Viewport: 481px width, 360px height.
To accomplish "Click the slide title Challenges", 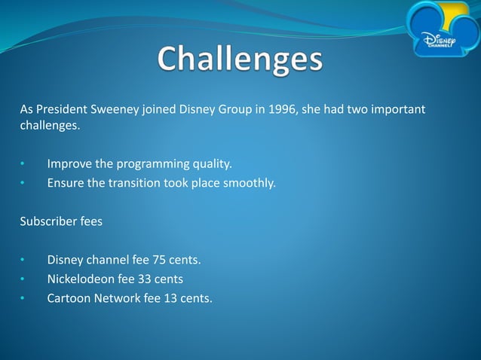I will (x=240, y=61).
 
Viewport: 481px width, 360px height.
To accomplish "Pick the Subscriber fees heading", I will (x=60, y=221).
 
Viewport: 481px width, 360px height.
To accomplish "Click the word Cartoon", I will (x=69, y=298).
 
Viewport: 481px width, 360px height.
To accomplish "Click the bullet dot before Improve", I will (x=23, y=164).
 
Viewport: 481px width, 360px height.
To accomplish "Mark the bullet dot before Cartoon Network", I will (x=23, y=299).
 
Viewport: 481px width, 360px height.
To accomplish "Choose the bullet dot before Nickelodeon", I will (x=23, y=280).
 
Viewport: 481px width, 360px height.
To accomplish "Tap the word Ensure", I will (x=66, y=182).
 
